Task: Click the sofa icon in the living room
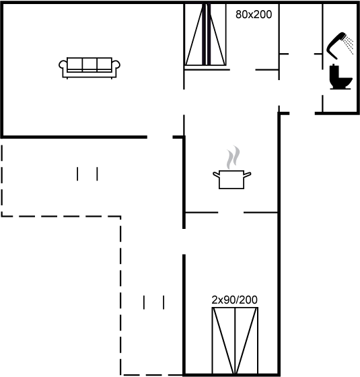click(x=89, y=68)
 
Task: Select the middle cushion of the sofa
click(x=89, y=64)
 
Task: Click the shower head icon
click(x=336, y=46)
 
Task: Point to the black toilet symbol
click(x=340, y=77)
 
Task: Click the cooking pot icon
click(x=231, y=179)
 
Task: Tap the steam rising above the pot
click(x=233, y=158)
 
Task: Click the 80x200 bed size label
click(x=254, y=14)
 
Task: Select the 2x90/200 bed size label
click(x=234, y=300)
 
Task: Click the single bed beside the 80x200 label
click(x=205, y=34)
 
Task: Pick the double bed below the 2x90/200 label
click(x=235, y=341)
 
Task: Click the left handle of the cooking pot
click(x=216, y=174)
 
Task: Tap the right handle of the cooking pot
click(x=248, y=174)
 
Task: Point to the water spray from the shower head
click(x=349, y=45)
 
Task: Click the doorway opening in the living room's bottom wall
click(x=160, y=137)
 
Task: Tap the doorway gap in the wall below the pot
click(x=231, y=213)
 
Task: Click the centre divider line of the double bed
click(x=235, y=341)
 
